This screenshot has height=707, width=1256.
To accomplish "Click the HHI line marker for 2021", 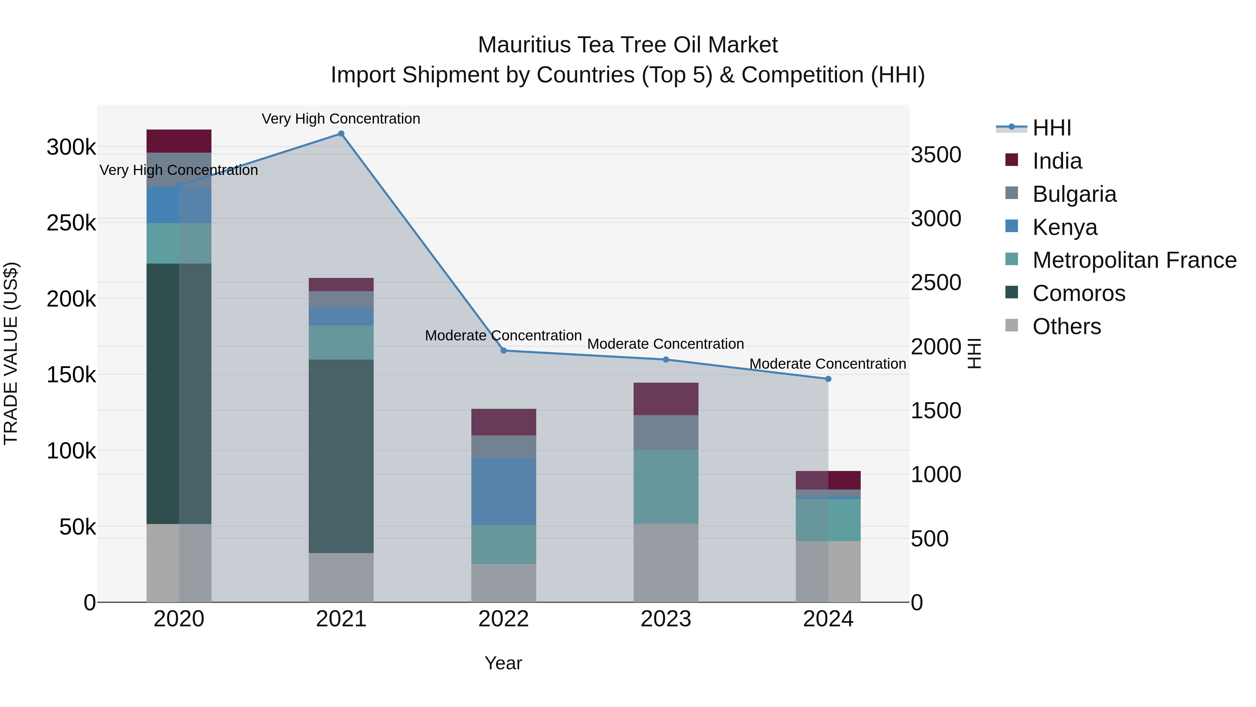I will click(341, 134).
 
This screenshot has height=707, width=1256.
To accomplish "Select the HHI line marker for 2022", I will click(504, 350).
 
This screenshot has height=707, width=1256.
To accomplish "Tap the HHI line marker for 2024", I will click(828, 378).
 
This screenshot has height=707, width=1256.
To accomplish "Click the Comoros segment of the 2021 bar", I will click(341, 456).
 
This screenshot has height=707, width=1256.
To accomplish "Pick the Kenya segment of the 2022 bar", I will click(504, 491).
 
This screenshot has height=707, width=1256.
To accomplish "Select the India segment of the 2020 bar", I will click(179, 141).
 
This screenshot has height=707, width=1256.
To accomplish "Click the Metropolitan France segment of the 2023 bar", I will click(666, 486).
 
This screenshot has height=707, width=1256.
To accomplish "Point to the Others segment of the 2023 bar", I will click(666, 563).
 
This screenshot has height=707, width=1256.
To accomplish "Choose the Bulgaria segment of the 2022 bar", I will click(504, 447).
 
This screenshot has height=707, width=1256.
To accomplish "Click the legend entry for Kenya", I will click(1065, 227).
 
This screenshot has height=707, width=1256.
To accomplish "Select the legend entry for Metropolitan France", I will click(1134, 260).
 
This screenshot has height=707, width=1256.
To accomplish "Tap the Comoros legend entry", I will click(1078, 293).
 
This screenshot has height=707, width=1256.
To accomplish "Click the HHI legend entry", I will click(1052, 128).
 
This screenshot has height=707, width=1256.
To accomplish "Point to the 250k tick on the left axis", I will click(71, 223).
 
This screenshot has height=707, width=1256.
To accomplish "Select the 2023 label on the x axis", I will click(666, 619).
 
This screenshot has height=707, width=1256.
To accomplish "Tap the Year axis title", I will click(503, 663).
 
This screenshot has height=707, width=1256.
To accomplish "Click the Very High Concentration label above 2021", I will click(341, 119).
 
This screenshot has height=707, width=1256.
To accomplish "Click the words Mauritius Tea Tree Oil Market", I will click(628, 45).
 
